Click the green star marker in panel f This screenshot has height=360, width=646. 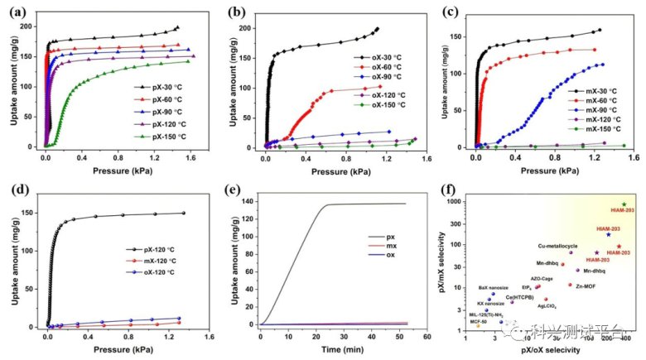(624, 204)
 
